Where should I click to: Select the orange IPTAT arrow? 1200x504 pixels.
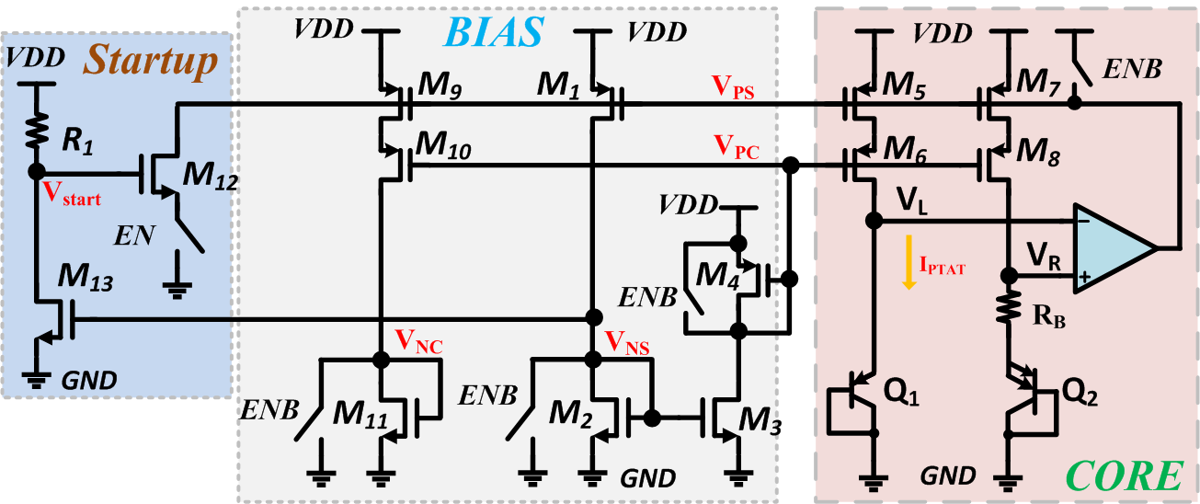[909, 262]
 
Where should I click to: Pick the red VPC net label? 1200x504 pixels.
[735, 147]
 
